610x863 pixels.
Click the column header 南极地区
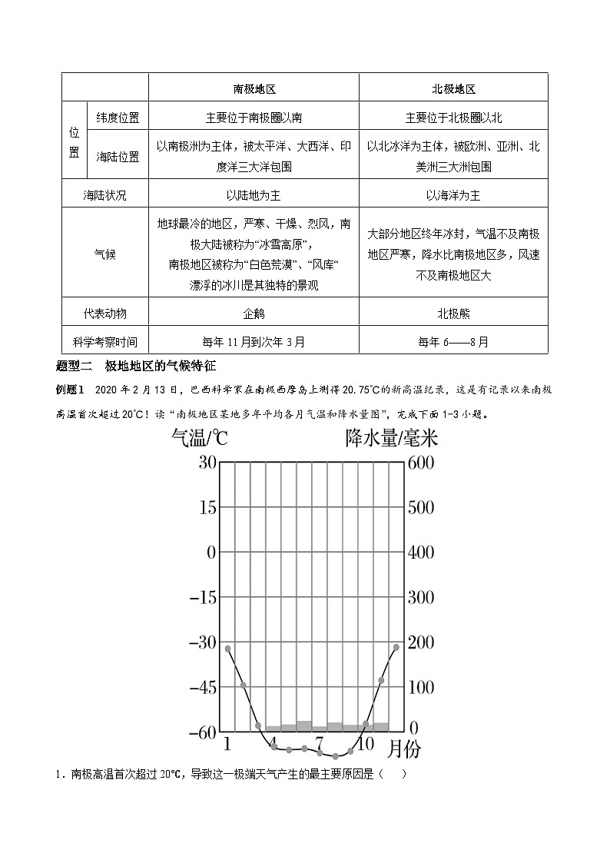pyautogui.click(x=254, y=88)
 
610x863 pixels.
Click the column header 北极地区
pyautogui.click(x=453, y=88)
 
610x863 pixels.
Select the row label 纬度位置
pyautogui.click(x=118, y=118)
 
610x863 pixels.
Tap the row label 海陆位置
pyautogui.click(x=118, y=156)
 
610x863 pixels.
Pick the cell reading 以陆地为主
pyautogui.click(x=254, y=195)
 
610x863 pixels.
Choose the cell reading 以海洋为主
pyautogui.click(x=453, y=195)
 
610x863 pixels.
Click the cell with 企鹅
pyautogui.click(x=254, y=314)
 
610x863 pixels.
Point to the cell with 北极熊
pyautogui.click(x=453, y=314)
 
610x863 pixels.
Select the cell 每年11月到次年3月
pyautogui.click(x=254, y=341)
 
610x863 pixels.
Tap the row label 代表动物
pyautogui.click(x=105, y=314)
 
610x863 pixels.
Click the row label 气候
pyautogui.click(x=105, y=253)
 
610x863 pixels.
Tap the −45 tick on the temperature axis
pyautogui.click(x=201, y=687)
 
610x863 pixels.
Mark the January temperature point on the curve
pyautogui.click(x=227, y=649)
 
